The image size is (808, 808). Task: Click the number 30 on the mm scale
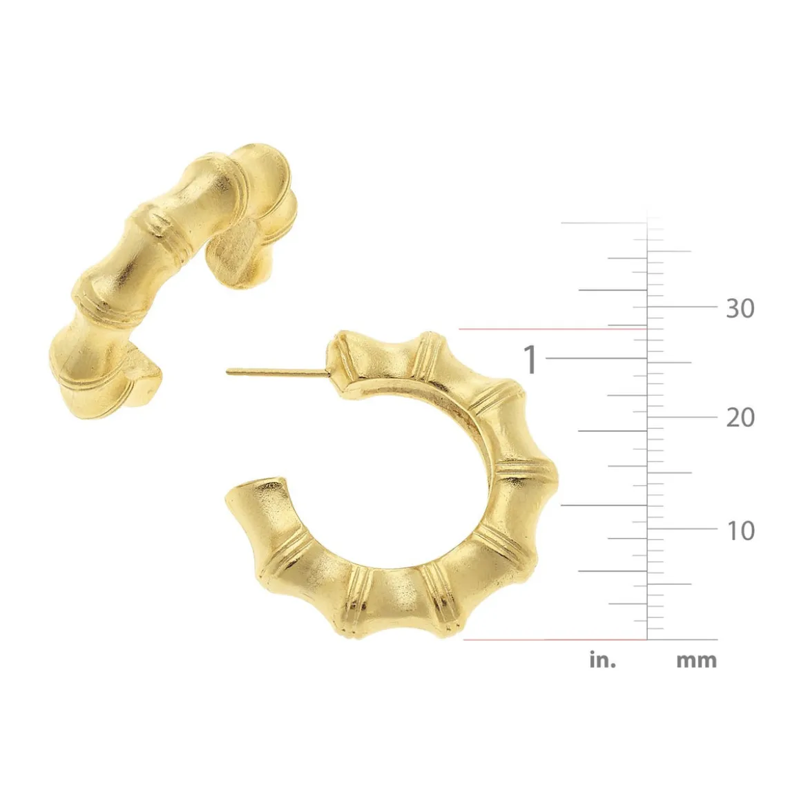(740, 308)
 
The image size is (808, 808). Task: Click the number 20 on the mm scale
(740, 417)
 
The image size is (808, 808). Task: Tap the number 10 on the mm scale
(741, 530)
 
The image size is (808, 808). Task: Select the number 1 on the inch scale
(530, 359)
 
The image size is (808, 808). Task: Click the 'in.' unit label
(603, 660)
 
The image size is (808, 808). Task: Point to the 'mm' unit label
(696, 661)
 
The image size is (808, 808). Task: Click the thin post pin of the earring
(277, 372)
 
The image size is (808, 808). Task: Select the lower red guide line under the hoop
(555, 639)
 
